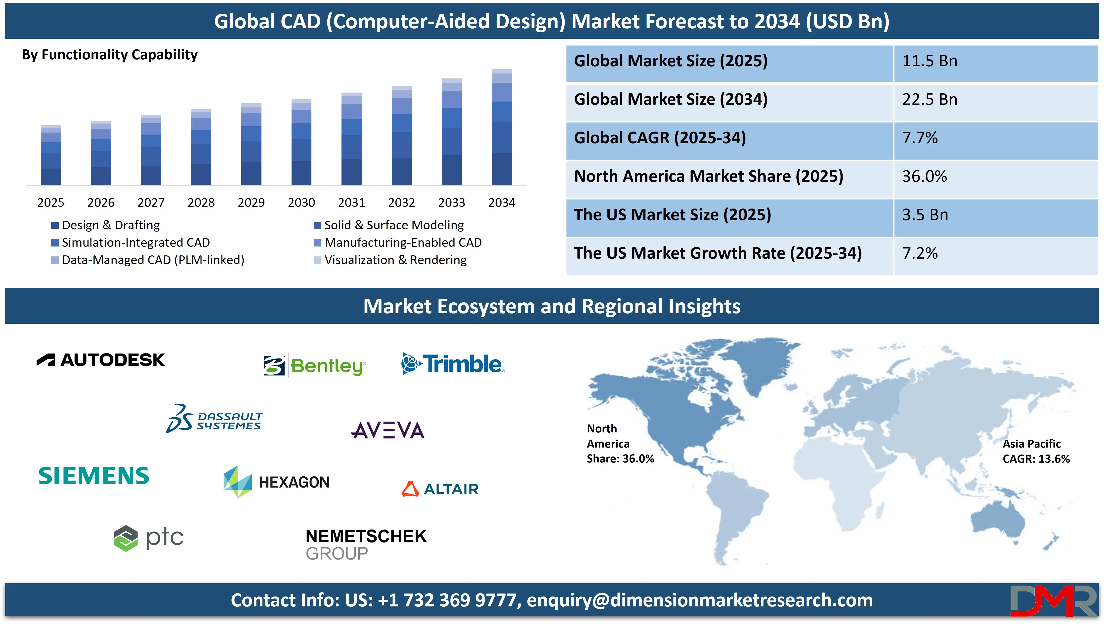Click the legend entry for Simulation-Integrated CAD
[x=135, y=243]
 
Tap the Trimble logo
[x=452, y=364]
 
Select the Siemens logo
[x=94, y=476]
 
